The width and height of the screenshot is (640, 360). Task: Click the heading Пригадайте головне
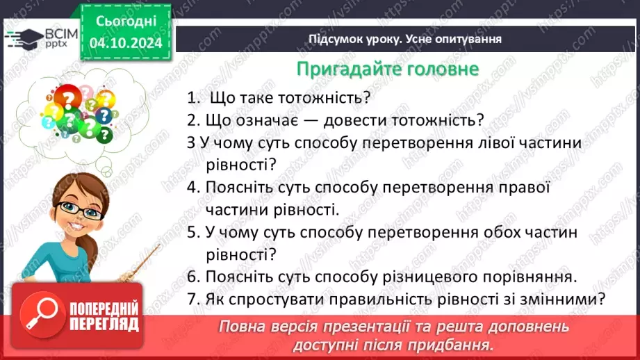click(x=387, y=69)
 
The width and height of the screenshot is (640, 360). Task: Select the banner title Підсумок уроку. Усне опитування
click(x=405, y=39)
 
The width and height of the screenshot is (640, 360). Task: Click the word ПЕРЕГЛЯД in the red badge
click(x=104, y=323)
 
